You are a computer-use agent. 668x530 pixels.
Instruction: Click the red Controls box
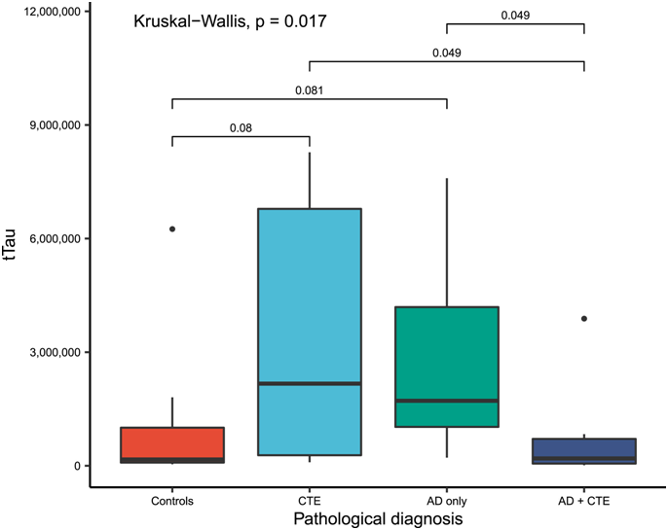click(x=171, y=442)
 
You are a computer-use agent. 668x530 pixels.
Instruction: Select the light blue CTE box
click(x=309, y=331)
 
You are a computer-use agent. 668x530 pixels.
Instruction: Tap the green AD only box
click(x=446, y=367)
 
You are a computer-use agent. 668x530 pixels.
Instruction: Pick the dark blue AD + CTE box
click(x=583, y=450)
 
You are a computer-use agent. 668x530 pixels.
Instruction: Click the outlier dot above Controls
click(x=172, y=229)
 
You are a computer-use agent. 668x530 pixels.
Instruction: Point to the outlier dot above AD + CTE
click(x=583, y=318)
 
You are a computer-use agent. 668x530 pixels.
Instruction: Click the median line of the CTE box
click(x=309, y=383)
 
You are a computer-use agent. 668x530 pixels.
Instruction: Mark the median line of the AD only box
click(x=446, y=400)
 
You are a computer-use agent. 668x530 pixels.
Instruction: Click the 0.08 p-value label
click(x=241, y=126)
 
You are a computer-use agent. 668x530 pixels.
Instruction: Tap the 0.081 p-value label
click(x=309, y=89)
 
